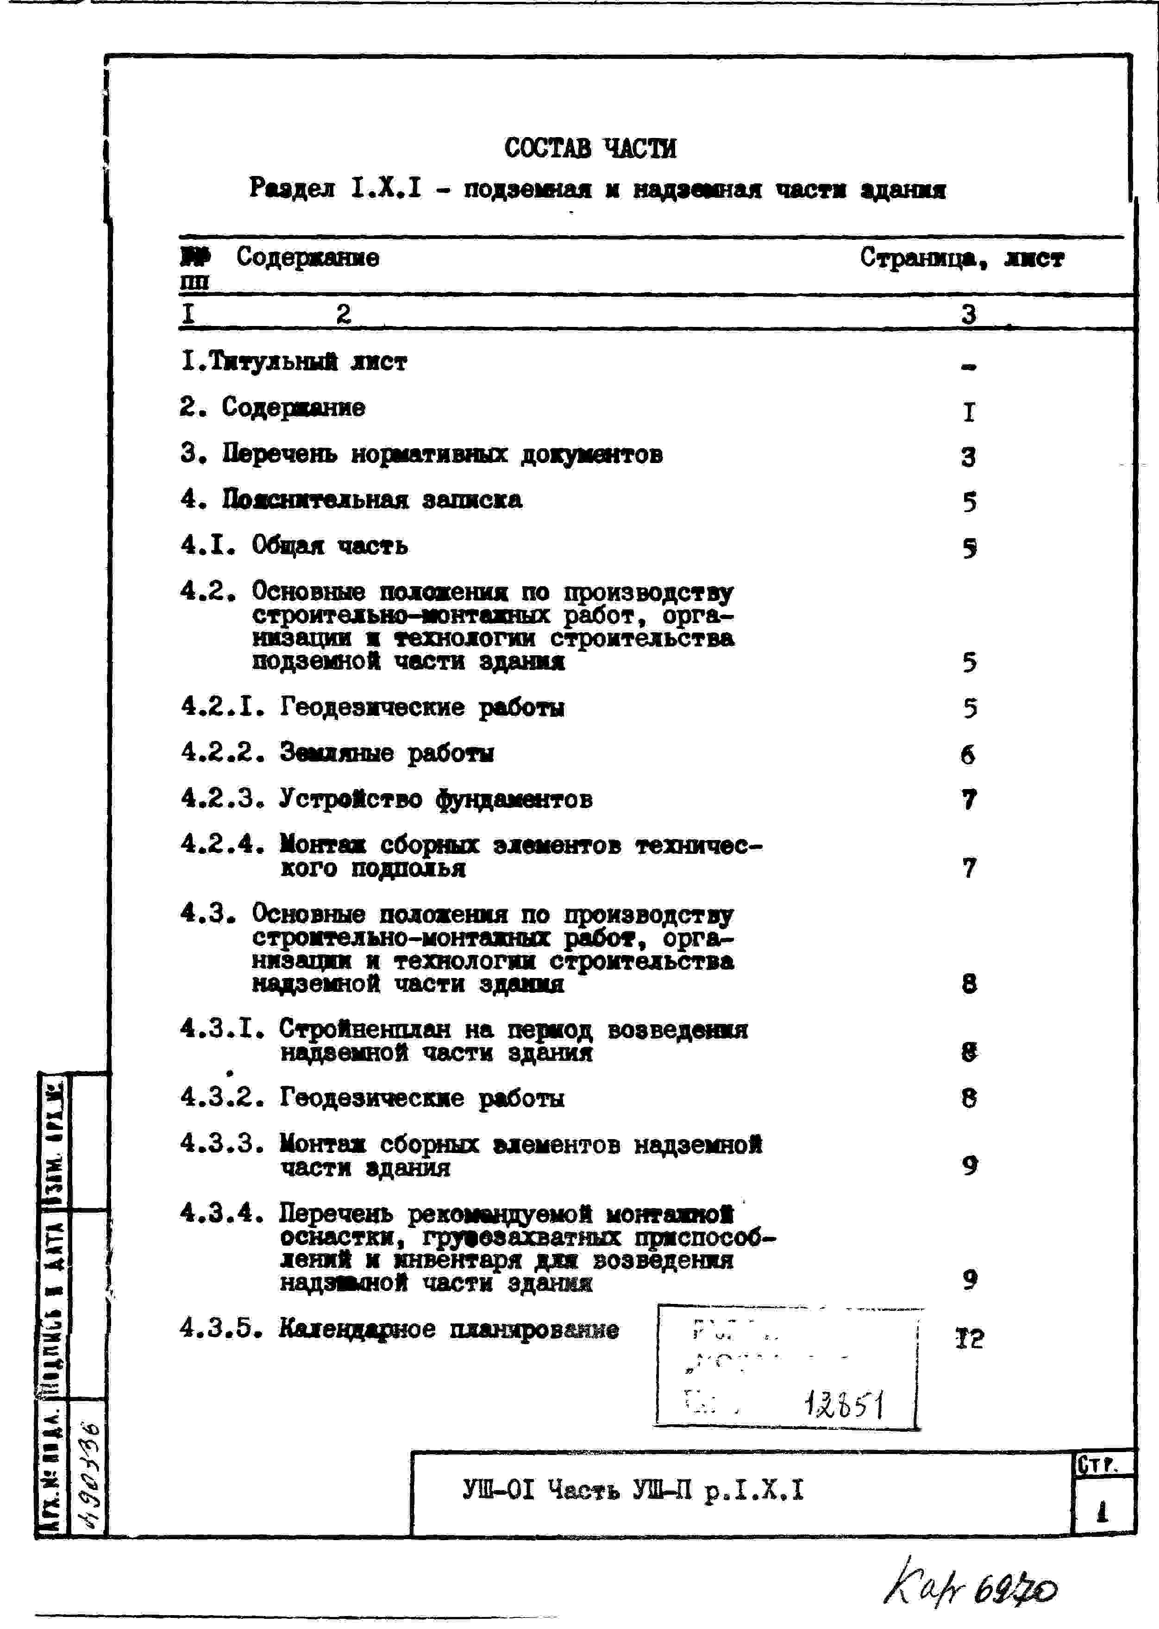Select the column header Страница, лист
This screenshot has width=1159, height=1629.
[961, 258]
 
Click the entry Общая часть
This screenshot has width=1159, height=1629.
[330, 546]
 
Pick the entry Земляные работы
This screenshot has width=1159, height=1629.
[386, 753]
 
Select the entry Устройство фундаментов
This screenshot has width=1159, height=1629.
[435, 799]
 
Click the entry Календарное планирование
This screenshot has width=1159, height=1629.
[449, 1328]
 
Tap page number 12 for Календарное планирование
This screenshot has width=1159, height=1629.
[969, 1339]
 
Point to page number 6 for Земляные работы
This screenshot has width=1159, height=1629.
[968, 754]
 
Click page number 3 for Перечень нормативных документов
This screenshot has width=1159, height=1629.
[968, 457]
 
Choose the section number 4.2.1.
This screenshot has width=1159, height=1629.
[223, 707]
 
